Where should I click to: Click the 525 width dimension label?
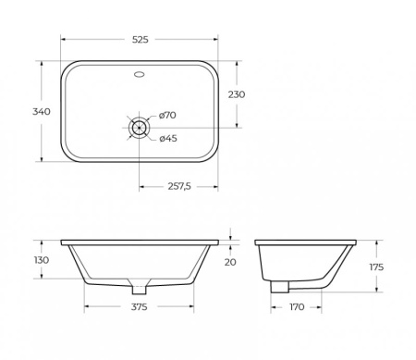click(x=140, y=40)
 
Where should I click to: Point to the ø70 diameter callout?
click(x=168, y=115)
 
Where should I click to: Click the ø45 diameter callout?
click(x=168, y=139)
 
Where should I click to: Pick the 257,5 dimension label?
click(x=177, y=186)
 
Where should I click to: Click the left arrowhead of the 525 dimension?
click(x=64, y=40)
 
